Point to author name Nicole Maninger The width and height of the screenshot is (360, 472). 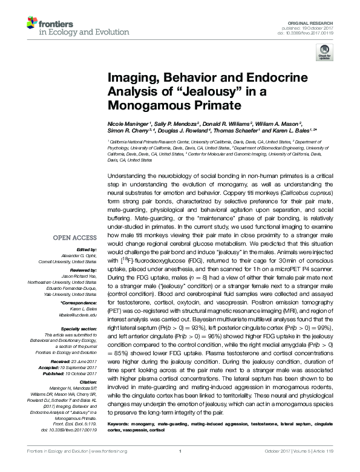pos(128,123)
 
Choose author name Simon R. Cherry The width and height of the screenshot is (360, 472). pos(129,131)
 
